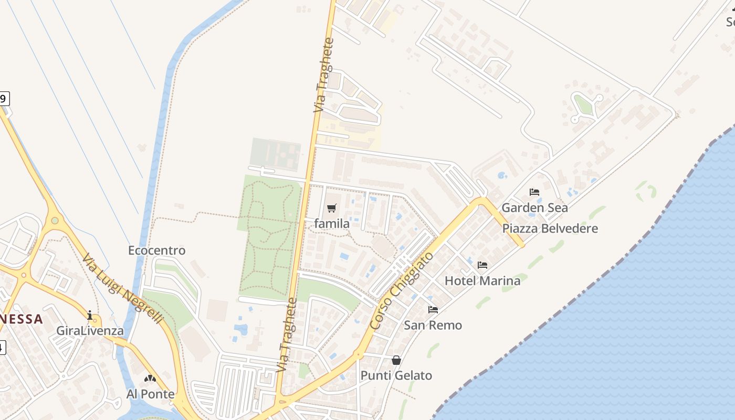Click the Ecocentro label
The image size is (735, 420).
pyautogui.click(x=156, y=250)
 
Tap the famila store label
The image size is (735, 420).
pyautogui.click(x=332, y=224)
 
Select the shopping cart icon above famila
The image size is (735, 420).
pyautogui.click(x=331, y=208)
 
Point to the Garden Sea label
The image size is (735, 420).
pyautogui.click(x=534, y=207)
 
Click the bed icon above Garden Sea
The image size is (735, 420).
pyautogui.click(x=534, y=192)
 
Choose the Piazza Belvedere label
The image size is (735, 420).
pyautogui.click(x=550, y=228)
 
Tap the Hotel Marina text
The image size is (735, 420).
pyautogui.click(x=482, y=280)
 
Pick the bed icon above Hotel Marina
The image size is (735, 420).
pyautogui.click(x=482, y=265)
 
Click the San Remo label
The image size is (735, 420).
pyautogui.click(x=433, y=325)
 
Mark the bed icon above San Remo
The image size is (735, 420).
pyautogui.click(x=433, y=310)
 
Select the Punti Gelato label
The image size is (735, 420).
pyautogui.click(x=396, y=375)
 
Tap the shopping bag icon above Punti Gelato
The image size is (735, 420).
pyautogui.click(x=396, y=360)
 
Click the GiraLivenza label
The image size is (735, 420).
pyautogui.click(x=90, y=331)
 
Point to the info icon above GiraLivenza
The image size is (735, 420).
pyautogui.click(x=90, y=315)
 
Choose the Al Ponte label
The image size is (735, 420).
pyautogui.click(x=150, y=394)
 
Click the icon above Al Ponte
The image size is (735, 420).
pyautogui.click(x=150, y=378)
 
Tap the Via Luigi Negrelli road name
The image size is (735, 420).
pyautogui.click(x=123, y=289)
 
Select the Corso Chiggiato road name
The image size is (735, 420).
pyautogui.click(x=402, y=291)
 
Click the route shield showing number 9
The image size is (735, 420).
pyautogui.click(x=4, y=98)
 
